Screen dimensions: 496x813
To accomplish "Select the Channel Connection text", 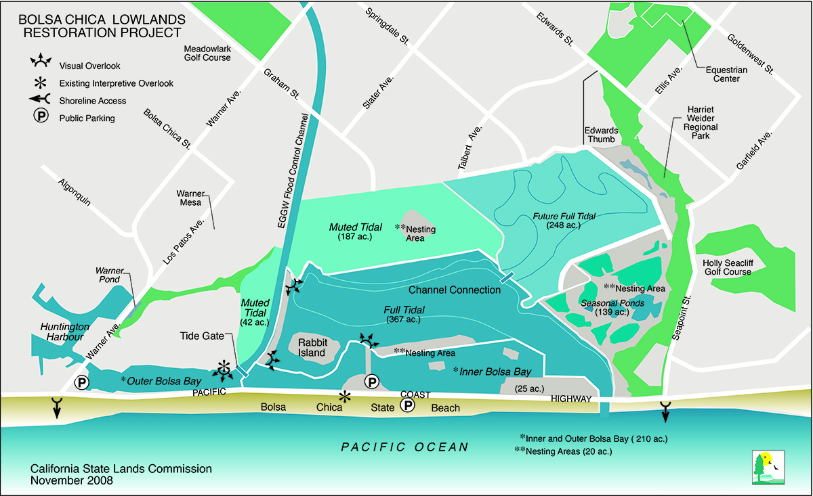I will point(455,290).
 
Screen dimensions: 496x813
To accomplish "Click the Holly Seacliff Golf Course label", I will point(727,267).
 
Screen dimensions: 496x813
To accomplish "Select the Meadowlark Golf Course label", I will point(207,53).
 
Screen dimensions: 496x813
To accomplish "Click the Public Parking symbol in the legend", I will point(41,117).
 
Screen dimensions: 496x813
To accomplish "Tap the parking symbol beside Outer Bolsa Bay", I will point(81,383).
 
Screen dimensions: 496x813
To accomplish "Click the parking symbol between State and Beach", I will point(407,405).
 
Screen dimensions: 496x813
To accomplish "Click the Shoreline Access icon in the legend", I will point(41,100).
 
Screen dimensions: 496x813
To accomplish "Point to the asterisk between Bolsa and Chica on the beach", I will point(346,397).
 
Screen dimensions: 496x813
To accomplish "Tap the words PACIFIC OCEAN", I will point(404,447).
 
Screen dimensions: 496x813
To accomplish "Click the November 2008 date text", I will point(72,480).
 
